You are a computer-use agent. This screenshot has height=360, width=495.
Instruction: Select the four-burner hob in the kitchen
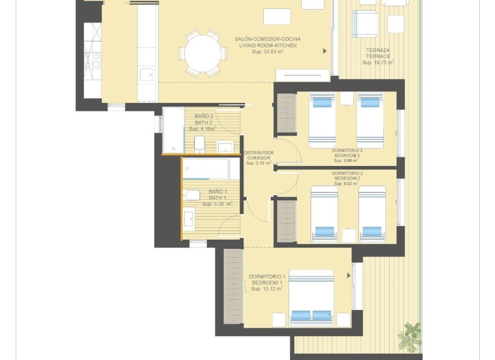click(92, 60)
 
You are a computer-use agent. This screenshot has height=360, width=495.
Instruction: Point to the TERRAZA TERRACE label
click(378, 53)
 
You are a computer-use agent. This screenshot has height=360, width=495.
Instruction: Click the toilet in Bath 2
click(199, 145)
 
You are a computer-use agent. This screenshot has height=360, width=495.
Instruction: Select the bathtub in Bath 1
click(205, 168)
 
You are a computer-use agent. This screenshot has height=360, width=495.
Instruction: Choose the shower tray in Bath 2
click(173, 130)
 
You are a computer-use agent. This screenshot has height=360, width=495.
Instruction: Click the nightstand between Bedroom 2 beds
click(349, 235)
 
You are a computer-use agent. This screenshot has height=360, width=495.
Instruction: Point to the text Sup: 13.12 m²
click(267, 289)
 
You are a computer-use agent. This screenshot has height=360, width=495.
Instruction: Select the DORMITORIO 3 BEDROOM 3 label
click(346, 154)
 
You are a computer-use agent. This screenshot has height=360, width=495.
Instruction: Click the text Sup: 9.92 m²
click(346, 183)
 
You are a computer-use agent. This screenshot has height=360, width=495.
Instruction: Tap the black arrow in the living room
click(325, 51)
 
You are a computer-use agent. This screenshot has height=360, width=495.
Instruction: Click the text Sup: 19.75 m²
click(378, 62)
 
